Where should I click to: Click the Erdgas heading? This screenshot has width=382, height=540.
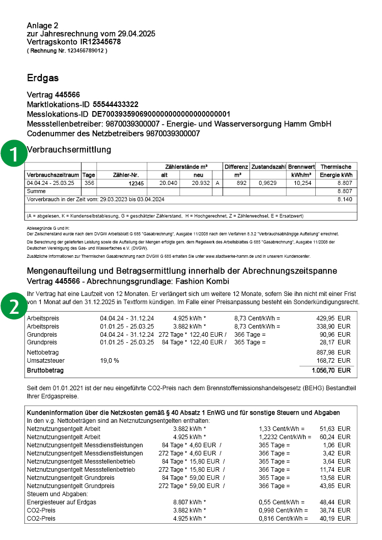pos(43,78)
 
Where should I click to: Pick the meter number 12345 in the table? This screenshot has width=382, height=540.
pos(136,183)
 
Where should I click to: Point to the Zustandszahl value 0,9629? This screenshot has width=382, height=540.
pos(268,183)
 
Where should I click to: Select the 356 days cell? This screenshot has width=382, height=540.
pos(89,183)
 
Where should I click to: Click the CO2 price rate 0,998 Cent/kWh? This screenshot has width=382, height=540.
pos(284,510)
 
